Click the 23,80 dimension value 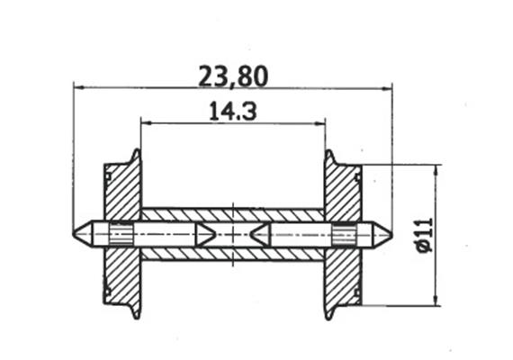click(x=233, y=76)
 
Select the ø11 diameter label click(x=424, y=236)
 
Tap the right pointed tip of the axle click(x=390, y=234)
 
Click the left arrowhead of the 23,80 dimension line click(x=78, y=88)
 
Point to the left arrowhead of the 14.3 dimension click(x=145, y=122)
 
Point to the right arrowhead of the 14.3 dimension click(x=319, y=122)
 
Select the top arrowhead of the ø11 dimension click(x=436, y=169)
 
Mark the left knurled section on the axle click(x=121, y=234)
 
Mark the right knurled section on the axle click(x=344, y=234)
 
